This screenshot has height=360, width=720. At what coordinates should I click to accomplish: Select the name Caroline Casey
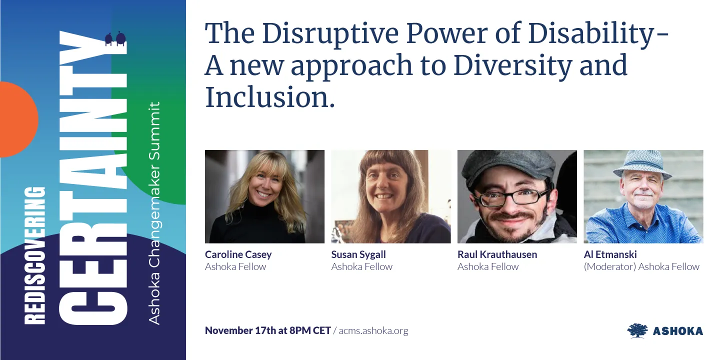tap(238, 254)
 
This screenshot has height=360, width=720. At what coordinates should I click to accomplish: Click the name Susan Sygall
tap(358, 254)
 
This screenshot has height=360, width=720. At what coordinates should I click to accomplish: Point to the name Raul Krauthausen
tap(497, 254)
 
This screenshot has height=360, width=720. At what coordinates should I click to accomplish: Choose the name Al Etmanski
tap(610, 254)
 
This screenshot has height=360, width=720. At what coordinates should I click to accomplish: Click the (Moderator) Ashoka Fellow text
tap(641, 266)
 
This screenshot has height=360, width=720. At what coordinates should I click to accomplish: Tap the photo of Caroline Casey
tap(264, 196)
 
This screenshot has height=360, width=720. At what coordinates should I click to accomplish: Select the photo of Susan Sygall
tap(390, 196)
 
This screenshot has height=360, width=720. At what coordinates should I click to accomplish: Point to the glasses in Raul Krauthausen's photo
tap(512, 196)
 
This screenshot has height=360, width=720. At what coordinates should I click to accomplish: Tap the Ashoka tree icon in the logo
tap(637, 330)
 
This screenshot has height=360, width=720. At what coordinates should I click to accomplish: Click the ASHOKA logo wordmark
tap(677, 331)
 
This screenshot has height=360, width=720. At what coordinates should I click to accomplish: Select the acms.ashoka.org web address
tap(373, 330)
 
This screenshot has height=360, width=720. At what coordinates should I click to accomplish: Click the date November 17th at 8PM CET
tap(267, 330)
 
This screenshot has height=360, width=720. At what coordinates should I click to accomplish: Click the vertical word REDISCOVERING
tap(35, 255)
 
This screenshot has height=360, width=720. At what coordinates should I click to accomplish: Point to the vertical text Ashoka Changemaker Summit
tap(155, 212)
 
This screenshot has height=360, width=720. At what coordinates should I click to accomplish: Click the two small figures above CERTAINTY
tap(114, 39)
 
